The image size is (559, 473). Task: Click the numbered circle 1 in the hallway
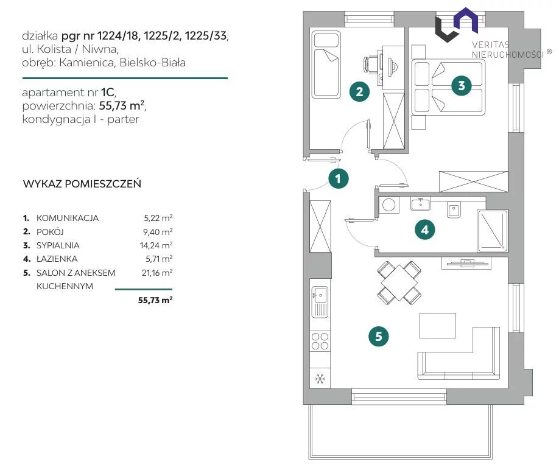[x=338, y=178]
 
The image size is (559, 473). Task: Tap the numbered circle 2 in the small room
[x=359, y=91]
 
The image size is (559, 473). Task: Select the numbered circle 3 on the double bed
[x=462, y=86]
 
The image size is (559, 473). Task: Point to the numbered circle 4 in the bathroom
[x=424, y=229]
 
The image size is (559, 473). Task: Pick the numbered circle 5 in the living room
[x=379, y=336]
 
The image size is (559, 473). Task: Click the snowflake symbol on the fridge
[x=320, y=379]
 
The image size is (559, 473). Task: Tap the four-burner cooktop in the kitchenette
[x=320, y=341]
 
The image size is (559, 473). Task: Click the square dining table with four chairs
[x=399, y=283]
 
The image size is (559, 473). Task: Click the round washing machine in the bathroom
[x=388, y=205]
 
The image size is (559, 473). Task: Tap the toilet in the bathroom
[x=454, y=209]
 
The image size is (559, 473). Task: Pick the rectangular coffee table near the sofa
[x=437, y=326]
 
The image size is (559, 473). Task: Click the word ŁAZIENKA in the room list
[x=57, y=259]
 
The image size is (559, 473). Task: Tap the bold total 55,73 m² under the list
[x=155, y=300]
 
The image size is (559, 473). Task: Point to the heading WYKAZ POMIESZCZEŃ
[x=82, y=184]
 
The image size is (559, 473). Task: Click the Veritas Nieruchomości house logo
[x=456, y=24]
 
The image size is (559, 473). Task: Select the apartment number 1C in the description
[x=108, y=93]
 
